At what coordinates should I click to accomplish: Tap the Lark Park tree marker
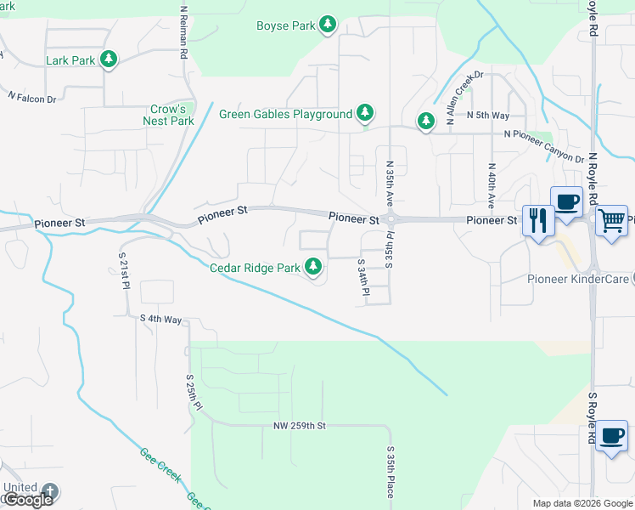click(x=108, y=59)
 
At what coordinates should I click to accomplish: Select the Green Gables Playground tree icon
click(x=365, y=113)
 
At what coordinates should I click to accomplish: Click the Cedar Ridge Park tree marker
click(x=313, y=267)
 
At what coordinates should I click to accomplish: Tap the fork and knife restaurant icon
click(x=538, y=221)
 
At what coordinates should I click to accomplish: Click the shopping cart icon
click(x=611, y=220)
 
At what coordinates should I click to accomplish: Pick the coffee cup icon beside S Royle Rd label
click(x=610, y=436)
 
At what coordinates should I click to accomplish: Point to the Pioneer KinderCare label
click(x=578, y=279)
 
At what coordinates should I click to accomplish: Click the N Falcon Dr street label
click(x=31, y=99)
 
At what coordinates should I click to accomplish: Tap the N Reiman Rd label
click(x=183, y=32)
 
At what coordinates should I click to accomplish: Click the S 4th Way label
click(x=161, y=319)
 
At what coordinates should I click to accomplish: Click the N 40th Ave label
click(x=492, y=186)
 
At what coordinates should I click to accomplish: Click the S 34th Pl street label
click(x=363, y=278)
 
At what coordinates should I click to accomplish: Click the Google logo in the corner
click(x=29, y=500)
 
